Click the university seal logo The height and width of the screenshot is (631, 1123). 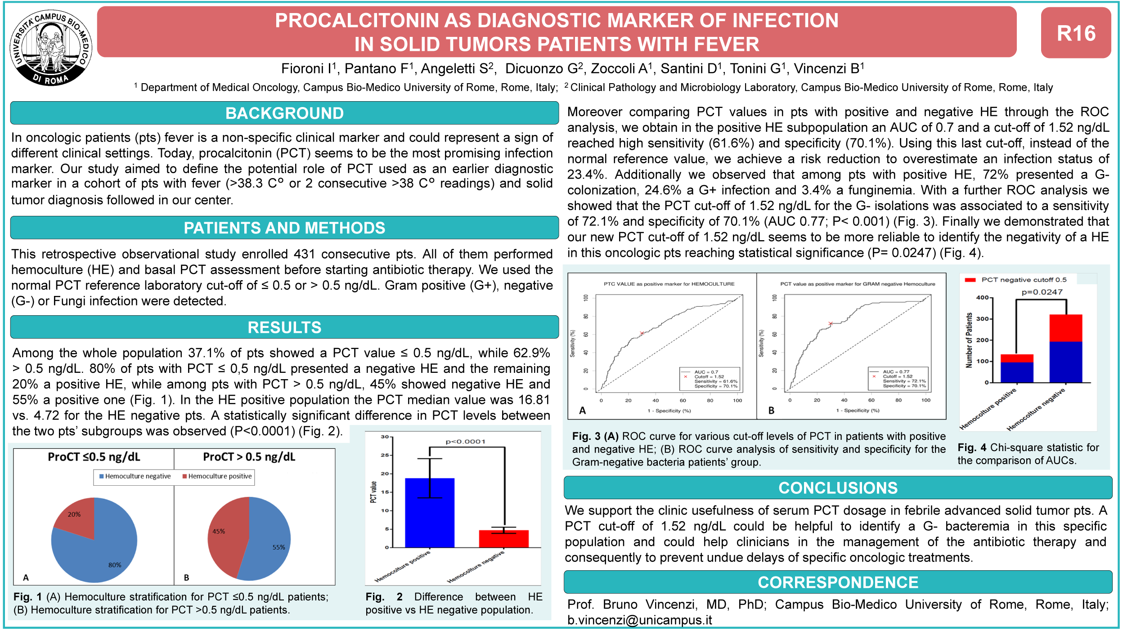(x=51, y=48)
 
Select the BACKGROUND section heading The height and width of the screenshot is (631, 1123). (x=284, y=113)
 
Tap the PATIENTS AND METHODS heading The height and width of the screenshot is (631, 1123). (x=284, y=228)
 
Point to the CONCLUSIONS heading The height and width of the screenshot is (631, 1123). (x=838, y=488)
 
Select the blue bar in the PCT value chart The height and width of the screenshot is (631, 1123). (x=429, y=517)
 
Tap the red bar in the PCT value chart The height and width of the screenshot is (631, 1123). (x=503, y=539)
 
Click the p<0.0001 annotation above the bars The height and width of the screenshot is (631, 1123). (x=465, y=442)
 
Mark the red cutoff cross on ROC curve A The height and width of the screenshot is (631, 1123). (x=642, y=333)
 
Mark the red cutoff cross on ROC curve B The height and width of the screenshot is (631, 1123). (x=831, y=323)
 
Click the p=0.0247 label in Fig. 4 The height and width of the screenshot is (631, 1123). (x=1042, y=292)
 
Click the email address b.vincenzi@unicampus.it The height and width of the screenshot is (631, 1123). (x=639, y=620)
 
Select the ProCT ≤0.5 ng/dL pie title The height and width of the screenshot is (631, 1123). (x=94, y=457)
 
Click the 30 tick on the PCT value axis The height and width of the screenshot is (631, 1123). (x=385, y=437)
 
